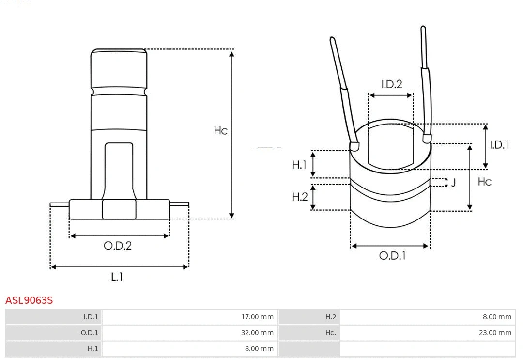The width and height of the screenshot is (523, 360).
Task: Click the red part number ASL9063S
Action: tap(29, 300)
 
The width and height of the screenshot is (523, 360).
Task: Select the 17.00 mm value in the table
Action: tap(257, 317)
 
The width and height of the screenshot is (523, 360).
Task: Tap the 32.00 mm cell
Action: tap(257, 333)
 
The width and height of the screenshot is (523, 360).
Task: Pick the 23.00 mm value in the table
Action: tap(495, 333)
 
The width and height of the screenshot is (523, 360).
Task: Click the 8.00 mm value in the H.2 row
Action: tap(497, 317)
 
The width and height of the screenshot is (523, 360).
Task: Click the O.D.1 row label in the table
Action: tap(89, 333)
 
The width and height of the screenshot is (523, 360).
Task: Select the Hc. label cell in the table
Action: tap(330, 333)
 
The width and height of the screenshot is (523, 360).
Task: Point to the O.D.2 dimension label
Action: tap(118, 246)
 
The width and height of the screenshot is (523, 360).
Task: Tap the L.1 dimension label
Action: tap(117, 277)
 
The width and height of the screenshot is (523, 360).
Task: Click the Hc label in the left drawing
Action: tap(220, 131)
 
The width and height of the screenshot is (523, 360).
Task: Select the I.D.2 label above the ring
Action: tap(391, 84)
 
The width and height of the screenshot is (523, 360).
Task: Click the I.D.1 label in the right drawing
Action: tap(499, 144)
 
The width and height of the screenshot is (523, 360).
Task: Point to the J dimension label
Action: tap(453, 183)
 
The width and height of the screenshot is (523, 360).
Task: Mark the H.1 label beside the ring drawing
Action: tap(299, 165)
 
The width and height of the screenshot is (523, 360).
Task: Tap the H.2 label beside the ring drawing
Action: tap(300, 197)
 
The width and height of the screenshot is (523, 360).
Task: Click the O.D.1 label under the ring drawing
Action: tap(392, 256)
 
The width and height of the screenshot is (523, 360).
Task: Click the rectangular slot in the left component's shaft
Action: tap(119, 170)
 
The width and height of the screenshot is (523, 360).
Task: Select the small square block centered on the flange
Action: tap(119, 209)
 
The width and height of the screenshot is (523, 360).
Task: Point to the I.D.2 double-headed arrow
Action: tap(391, 95)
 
